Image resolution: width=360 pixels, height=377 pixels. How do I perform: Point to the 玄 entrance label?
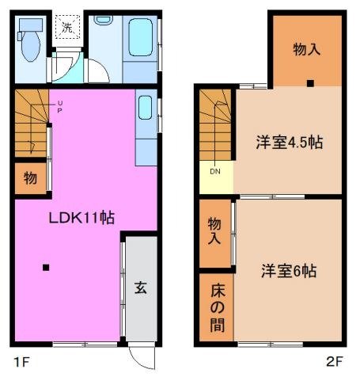coord(139,288)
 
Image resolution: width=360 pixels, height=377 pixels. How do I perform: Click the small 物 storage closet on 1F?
coord(29,178)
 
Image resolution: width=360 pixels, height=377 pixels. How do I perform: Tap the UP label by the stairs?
coord(59,106)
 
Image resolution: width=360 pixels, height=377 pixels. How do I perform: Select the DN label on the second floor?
coord(214,170)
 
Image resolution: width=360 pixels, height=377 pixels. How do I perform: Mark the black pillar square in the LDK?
coord(47,266)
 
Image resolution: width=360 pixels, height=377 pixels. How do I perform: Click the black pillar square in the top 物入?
coord(310,82)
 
